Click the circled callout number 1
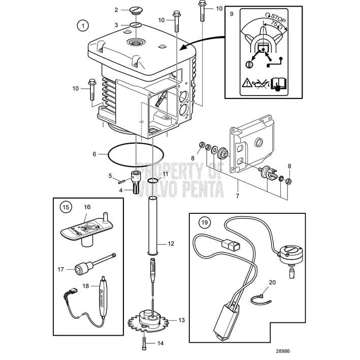coord(82,24)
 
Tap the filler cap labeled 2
coord(136,10)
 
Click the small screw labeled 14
coord(144,343)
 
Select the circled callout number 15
coord(64,207)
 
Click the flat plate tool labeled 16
coord(84,229)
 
